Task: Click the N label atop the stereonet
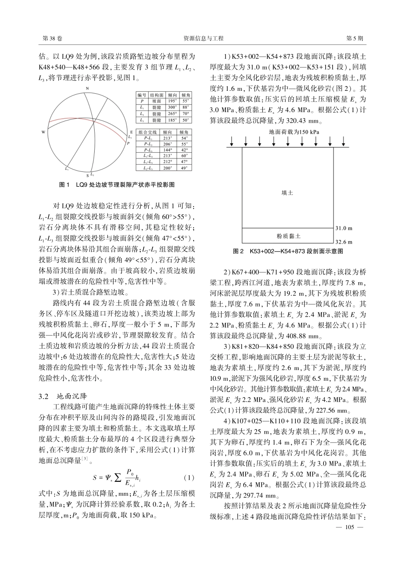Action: (87, 88)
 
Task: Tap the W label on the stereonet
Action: (43, 132)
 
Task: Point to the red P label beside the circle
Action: (128, 144)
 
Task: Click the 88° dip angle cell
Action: (186, 108)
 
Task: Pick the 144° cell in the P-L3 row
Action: (168, 150)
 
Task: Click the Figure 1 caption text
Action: (116, 185)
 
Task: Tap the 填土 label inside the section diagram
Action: (287, 193)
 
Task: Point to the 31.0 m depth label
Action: (344, 229)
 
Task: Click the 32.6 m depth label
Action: (344, 241)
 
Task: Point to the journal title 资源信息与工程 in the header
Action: (203, 38)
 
